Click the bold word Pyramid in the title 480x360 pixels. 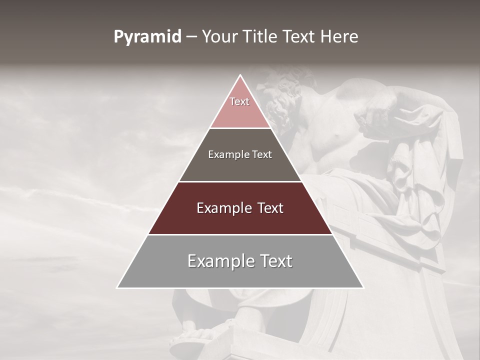[x=147, y=37]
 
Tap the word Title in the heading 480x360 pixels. [x=261, y=37]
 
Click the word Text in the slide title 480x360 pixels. [x=299, y=37]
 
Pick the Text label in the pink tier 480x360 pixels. [x=239, y=101]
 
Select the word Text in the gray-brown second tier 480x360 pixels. [x=260, y=155]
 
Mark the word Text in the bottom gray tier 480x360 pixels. [x=275, y=261]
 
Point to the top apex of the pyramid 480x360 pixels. [x=240, y=76]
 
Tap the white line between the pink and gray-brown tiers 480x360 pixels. [x=240, y=128]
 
